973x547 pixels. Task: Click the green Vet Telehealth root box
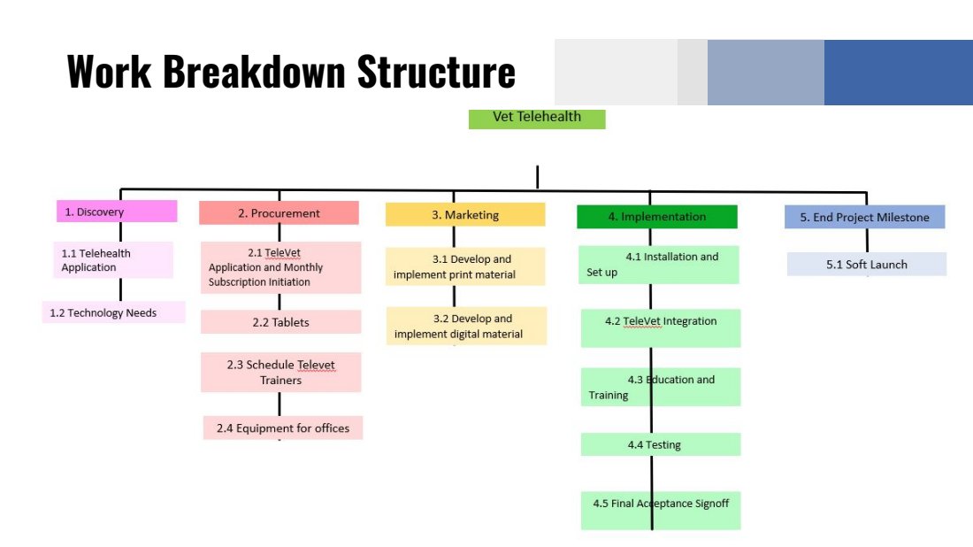[537, 118]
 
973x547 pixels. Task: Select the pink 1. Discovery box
[115, 212]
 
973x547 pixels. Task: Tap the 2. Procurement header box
[279, 213]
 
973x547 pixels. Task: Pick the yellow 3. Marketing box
[465, 215]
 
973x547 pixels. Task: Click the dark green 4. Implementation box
[656, 217]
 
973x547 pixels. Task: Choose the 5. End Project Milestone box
[864, 217]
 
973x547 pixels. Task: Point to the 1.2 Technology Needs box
[113, 312]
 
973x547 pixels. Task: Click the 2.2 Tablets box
[280, 322]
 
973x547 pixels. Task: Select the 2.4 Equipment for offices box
[283, 428]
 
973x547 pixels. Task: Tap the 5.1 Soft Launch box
[866, 264]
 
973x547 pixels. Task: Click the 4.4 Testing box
[660, 444]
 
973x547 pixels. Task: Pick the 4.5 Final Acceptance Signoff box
[660, 511]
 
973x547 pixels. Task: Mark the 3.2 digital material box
[465, 326]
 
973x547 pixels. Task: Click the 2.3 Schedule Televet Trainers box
[280, 372]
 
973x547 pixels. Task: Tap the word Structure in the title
[436, 71]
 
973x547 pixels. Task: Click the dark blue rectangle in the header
[898, 73]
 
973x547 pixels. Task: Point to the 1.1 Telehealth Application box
[112, 260]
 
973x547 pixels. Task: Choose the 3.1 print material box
[465, 266]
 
